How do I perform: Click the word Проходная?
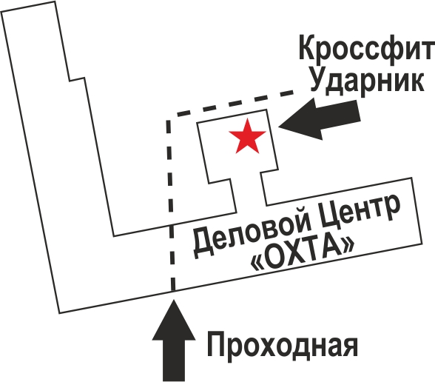click(283, 344)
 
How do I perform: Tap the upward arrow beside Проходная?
click(174, 341)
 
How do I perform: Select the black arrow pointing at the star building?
click(319, 118)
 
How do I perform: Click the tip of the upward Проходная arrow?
click(174, 300)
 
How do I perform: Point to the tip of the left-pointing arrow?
click(278, 127)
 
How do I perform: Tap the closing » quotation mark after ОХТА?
click(348, 244)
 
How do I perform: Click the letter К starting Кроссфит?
click(308, 47)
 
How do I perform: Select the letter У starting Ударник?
click(318, 78)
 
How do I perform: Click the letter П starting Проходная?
click(216, 344)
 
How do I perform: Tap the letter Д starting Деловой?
click(203, 244)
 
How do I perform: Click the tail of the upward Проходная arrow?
click(174, 381)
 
